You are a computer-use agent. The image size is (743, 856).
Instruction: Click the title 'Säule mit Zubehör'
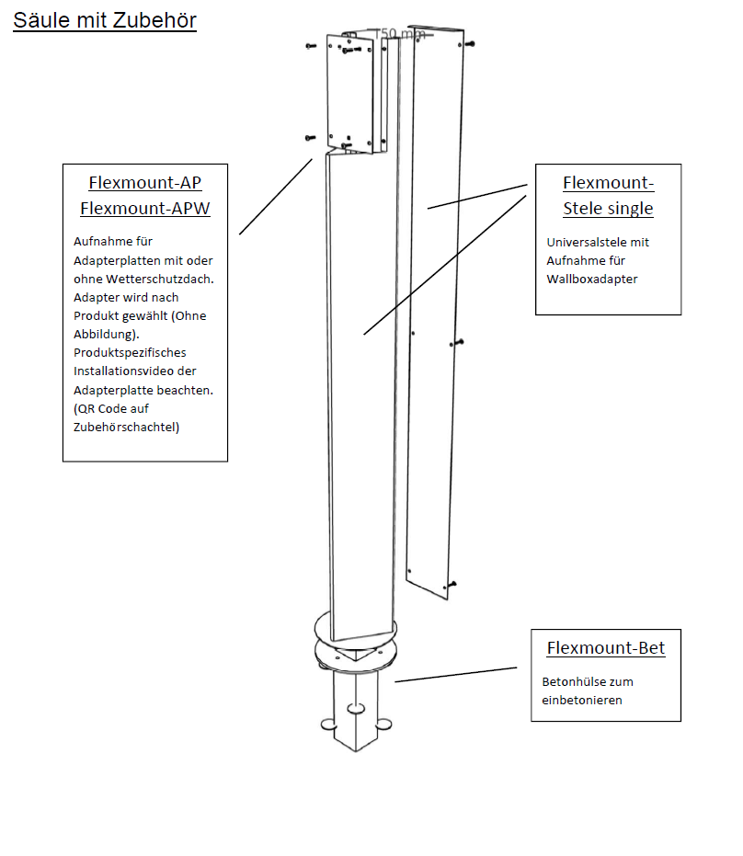click(x=104, y=20)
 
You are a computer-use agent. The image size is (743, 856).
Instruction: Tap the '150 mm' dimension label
click(x=397, y=35)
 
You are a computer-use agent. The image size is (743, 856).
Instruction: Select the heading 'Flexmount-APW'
click(x=145, y=209)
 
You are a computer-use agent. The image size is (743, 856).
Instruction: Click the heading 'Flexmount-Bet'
click(x=606, y=648)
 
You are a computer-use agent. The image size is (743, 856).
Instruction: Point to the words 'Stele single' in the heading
click(x=608, y=209)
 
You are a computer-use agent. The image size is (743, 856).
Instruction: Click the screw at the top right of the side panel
click(x=470, y=43)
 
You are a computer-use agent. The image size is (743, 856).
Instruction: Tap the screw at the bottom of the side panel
click(x=452, y=585)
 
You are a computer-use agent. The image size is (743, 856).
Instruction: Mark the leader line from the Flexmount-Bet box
click(x=455, y=675)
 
